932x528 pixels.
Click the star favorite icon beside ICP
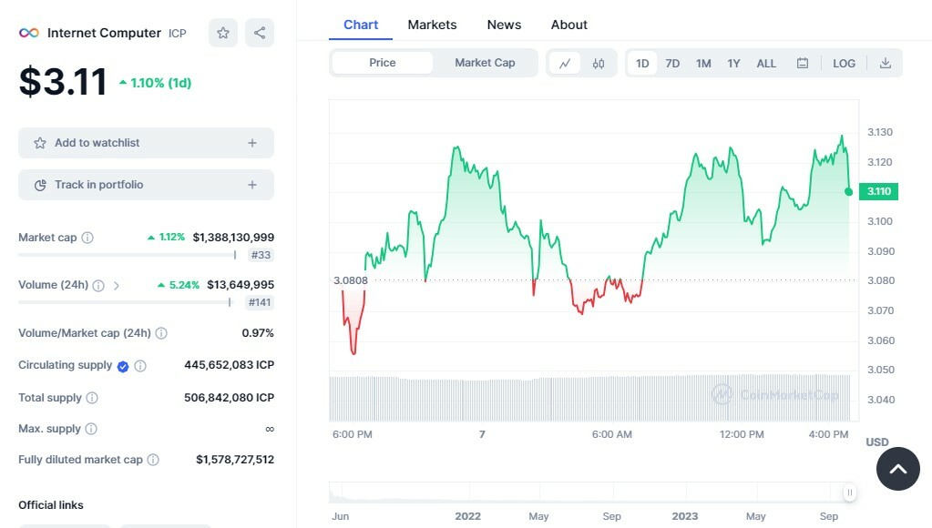223,33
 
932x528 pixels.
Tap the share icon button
260,33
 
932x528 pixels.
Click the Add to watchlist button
146,143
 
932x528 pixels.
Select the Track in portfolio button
146,185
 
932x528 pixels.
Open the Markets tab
432,25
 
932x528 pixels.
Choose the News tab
504,25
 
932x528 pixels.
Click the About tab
569,25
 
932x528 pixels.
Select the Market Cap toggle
485,63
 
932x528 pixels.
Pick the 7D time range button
672,63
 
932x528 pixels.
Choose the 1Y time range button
733,63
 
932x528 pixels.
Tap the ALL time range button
766,63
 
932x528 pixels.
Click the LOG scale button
844,63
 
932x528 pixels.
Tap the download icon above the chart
885,63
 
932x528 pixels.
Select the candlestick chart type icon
599,63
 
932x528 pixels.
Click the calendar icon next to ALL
803,63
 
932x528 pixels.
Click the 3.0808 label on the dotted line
351,280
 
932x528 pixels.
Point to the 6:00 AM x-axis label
611,434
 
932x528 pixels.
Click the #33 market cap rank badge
261,256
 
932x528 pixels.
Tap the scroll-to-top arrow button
897,469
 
